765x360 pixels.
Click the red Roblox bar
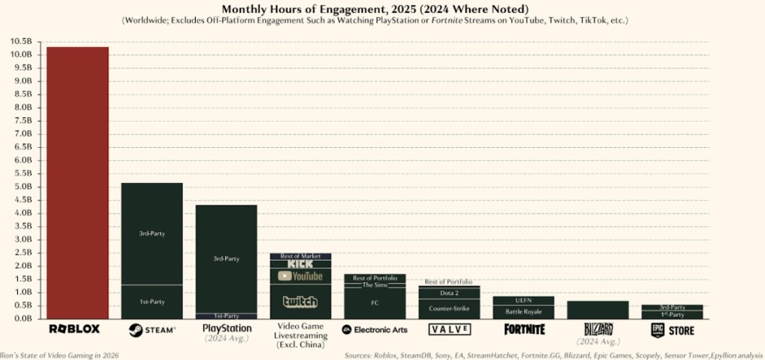click(x=77, y=182)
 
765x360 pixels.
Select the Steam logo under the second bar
click(x=152, y=329)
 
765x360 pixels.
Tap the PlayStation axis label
click(x=226, y=328)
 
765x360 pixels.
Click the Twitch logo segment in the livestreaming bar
click(x=300, y=302)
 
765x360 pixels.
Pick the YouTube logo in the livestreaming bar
click(x=300, y=276)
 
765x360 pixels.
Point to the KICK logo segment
click(x=300, y=264)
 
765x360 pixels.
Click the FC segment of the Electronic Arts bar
click(x=374, y=303)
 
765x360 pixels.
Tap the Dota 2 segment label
click(x=449, y=293)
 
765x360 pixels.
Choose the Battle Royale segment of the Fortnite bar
click(x=523, y=311)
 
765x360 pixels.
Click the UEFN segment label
click(x=523, y=300)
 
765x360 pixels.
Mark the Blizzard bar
click(x=598, y=309)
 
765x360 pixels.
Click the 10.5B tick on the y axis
click(x=21, y=42)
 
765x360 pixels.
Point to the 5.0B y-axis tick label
click(x=21, y=187)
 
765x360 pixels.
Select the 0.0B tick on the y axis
click(x=21, y=319)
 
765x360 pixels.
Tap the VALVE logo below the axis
click(x=449, y=329)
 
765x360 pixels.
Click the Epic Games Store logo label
click(x=672, y=330)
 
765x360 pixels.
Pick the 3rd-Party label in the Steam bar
click(x=152, y=234)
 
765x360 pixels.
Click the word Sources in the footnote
click(x=361, y=355)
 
